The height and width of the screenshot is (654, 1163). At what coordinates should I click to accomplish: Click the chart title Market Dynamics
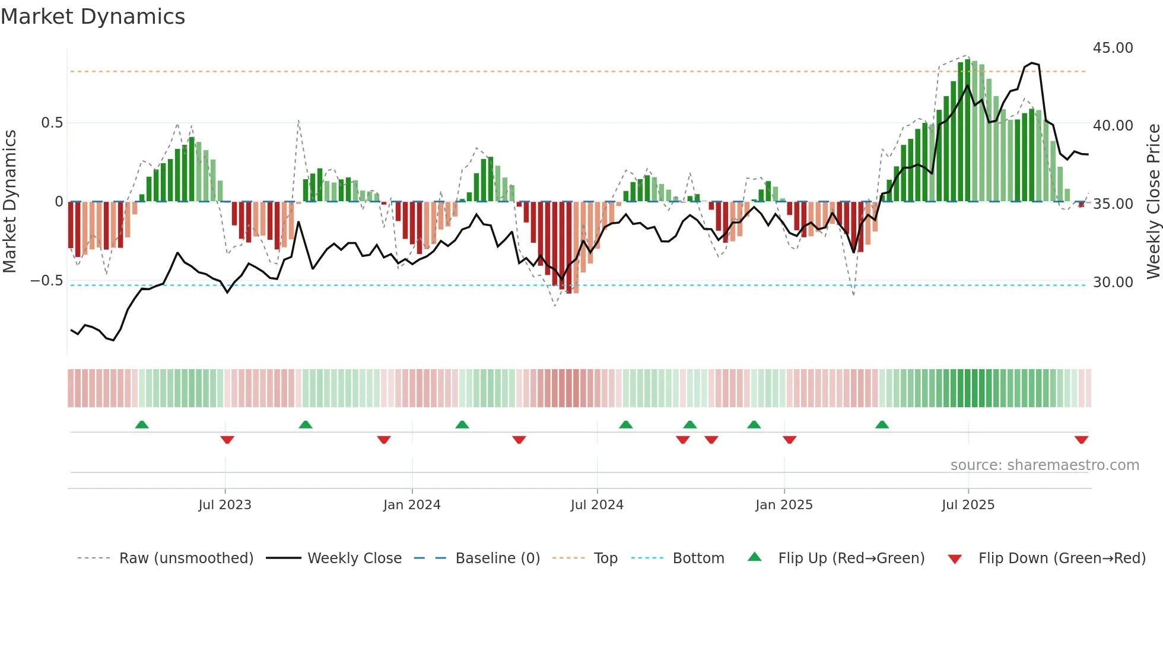pyautogui.click(x=93, y=17)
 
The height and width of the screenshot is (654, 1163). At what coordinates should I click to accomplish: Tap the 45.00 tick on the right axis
pyautogui.click(x=1113, y=48)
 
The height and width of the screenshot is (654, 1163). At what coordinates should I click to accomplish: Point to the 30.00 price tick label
pyautogui.click(x=1113, y=282)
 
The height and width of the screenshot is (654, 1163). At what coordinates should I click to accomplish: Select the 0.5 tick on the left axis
pyautogui.click(x=52, y=123)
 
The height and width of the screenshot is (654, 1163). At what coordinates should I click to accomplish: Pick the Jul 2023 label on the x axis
pyautogui.click(x=225, y=505)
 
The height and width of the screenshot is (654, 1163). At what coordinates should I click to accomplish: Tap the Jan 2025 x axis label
pyautogui.click(x=784, y=505)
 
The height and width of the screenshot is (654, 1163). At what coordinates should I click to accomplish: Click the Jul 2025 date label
pyautogui.click(x=968, y=505)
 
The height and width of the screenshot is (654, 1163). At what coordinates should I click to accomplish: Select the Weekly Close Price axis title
pyautogui.click(x=1153, y=202)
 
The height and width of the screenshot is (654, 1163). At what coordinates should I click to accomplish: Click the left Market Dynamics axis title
pyautogui.click(x=10, y=202)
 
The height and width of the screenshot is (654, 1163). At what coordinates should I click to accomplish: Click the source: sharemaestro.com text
pyautogui.click(x=1044, y=465)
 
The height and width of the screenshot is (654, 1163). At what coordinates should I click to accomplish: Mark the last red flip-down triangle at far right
pyautogui.click(x=1081, y=440)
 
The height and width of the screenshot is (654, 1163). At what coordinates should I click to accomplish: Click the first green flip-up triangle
pyautogui.click(x=141, y=424)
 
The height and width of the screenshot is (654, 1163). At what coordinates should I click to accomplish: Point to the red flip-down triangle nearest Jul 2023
pyautogui.click(x=227, y=440)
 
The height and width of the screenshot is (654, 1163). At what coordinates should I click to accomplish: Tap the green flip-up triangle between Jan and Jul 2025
pyautogui.click(x=882, y=424)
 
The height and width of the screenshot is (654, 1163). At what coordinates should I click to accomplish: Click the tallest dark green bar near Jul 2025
pyautogui.click(x=967, y=131)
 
